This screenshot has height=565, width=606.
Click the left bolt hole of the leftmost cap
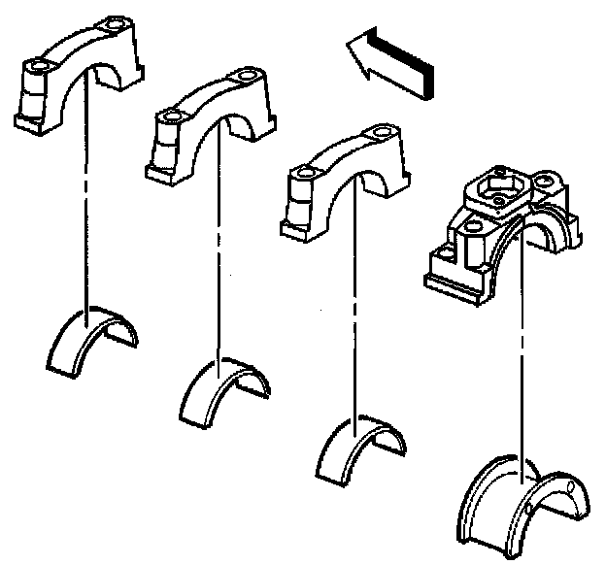38,67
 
